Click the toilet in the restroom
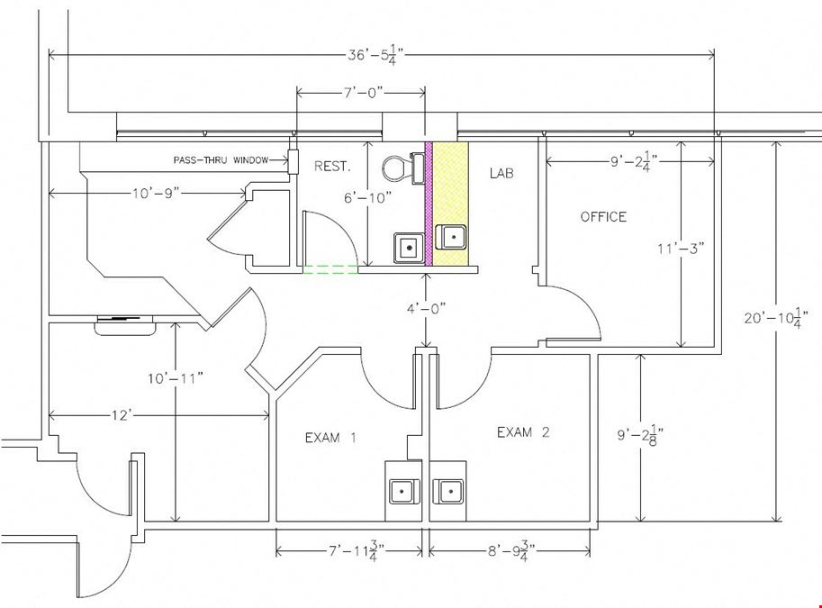click(x=403, y=168)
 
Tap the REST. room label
click(x=332, y=167)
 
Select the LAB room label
click(x=501, y=173)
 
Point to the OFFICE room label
click(x=603, y=217)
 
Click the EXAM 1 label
click(x=330, y=438)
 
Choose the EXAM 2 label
click(x=523, y=432)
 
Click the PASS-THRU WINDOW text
click(x=221, y=160)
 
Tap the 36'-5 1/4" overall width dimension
click(x=375, y=55)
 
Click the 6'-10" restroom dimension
click(x=368, y=198)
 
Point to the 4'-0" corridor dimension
click(x=426, y=308)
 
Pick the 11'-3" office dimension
click(x=681, y=248)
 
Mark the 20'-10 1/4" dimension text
click(x=776, y=318)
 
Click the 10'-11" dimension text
click(x=175, y=378)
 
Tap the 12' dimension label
click(x=120, y=415)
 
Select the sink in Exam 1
click(x=403, y=492)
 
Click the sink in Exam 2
click(x=448, y=492)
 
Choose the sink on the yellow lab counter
click(x=451, y=236)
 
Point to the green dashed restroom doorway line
click(x=330, y=269)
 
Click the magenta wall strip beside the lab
click(x=429, y=204)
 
